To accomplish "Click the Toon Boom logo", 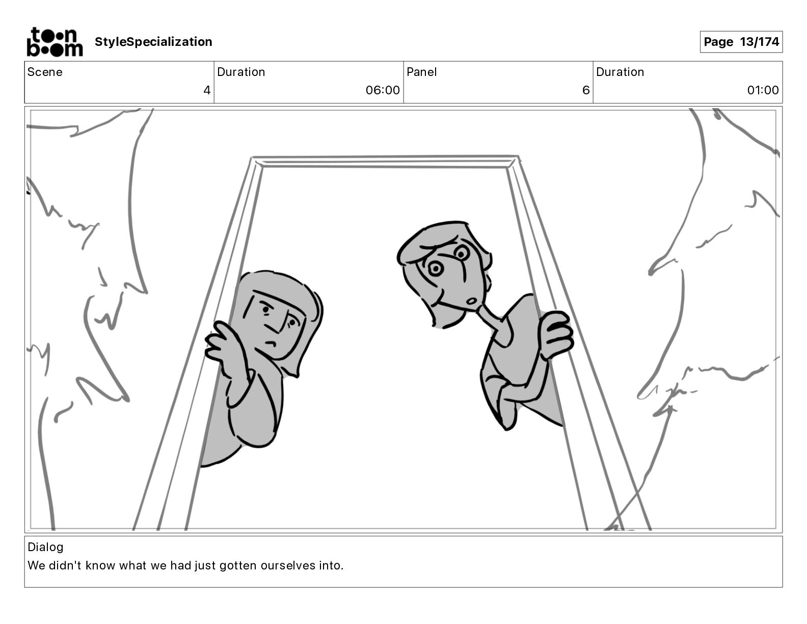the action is pos(55,42).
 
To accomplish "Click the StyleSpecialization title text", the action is pos(153,42).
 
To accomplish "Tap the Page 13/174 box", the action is pos(741,42).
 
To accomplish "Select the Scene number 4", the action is pos(206,90).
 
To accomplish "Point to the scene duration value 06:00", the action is pos(382,90).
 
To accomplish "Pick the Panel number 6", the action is pos(585,90).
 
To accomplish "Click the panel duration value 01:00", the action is pos(763,90).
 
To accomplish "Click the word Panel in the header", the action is pos(421,72).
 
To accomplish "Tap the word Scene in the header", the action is pos(45,72).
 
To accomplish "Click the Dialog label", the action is pos(45,547).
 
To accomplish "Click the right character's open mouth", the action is pos(473,300).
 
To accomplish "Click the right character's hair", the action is pos(438,240).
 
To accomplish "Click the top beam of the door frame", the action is pos(385,162).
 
